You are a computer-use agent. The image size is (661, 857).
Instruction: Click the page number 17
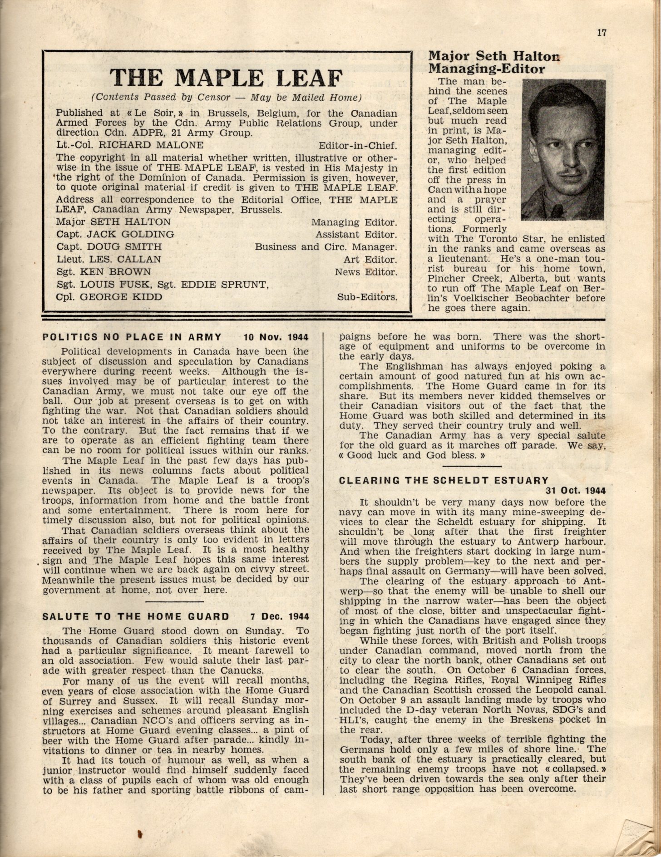click(x=602, y=32)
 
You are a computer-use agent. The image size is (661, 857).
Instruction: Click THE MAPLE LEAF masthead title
click(x=226, y=78)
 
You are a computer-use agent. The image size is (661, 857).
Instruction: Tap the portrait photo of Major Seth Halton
click(x=563, y=148)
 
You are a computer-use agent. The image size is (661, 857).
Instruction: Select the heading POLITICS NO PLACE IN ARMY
click(x=132, y=337)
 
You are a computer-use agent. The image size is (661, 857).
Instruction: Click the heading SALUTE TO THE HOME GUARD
click(x=136, y=616)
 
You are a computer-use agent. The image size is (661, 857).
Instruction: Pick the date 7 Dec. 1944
click(x=280, y=616)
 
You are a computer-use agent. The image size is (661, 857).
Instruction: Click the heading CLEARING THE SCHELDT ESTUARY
click(x=444, y=480)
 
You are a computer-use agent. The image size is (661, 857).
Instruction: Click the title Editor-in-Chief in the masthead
click(x=358, y=146)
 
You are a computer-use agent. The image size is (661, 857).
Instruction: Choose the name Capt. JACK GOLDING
click(x=115, y=235)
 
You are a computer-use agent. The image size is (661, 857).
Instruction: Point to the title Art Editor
click(x=370, y=260)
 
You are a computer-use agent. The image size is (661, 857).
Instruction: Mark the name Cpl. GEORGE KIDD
click(x=109, y=297)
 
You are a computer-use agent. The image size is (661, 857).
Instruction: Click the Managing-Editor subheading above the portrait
click(x=487, y=69)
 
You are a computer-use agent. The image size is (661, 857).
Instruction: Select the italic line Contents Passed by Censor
click(x=226, y=98)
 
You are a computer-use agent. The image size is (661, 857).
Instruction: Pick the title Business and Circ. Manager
click(x=326, y=247)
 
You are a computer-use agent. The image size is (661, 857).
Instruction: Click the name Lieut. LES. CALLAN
click(x=109, y=260)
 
